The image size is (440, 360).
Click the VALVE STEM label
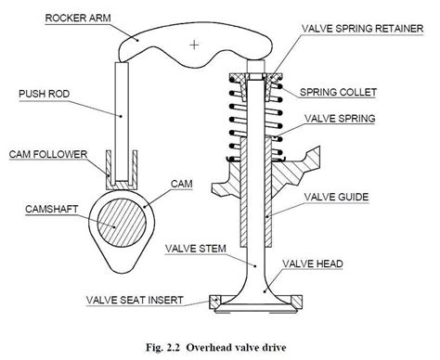click(x=193, y=248)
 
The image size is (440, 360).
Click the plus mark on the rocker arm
click(x=192, y=44)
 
